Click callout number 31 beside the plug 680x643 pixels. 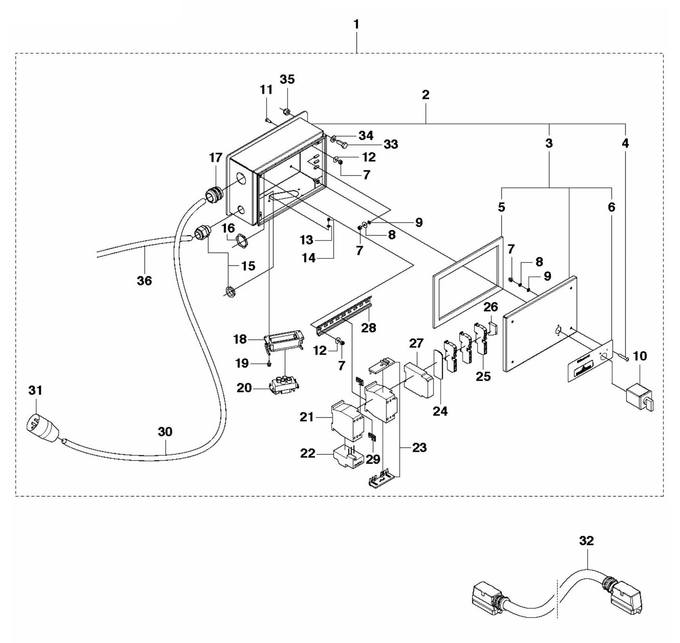click(x=35, y=390)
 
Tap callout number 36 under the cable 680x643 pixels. click(x=144, y=281)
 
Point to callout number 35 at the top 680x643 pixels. click(x=287, y=79)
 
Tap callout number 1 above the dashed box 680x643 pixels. click(x=356, y=24)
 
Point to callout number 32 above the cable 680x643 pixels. click(x=587, y=541)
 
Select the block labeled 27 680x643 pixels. click(x=418, y=379)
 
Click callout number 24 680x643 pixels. click(x=440, y=411)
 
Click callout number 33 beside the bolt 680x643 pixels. click(x=391, y=144)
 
